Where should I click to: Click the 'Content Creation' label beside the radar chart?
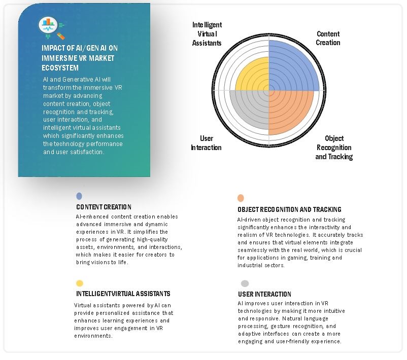click(x=328, y=38)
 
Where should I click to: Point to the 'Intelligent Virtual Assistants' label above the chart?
click(x=207, y=34)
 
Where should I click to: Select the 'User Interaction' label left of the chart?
click(x=206, y=142)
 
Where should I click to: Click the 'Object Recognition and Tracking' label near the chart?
click(x=334, y=147)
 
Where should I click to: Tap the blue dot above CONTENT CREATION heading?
click(x=79, y=196)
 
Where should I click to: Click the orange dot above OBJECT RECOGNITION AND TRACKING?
click(x=241, y=198)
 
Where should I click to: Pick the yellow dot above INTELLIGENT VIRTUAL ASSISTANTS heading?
click(x=79, y=283)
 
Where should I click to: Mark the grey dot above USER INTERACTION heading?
click(x=245, y=283)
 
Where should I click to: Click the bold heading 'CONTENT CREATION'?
click(x=104, y=207)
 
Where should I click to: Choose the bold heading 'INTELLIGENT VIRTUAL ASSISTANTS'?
click(x=123, y=294)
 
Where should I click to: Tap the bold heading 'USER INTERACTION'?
click(x=264, y=294)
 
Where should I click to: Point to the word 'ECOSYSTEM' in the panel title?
click(x=60, y=67)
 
